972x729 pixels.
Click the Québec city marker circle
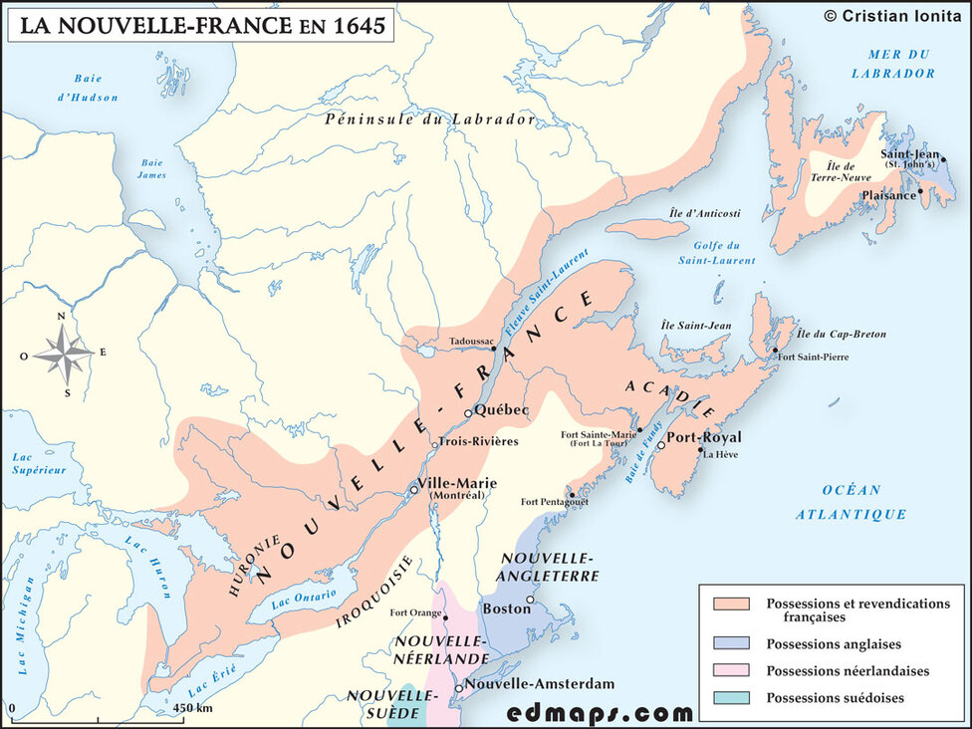pos(468,412)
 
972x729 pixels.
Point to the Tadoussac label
pos(471,340)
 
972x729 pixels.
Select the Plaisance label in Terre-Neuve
pos(887,195)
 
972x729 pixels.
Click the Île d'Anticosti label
pos(705,213)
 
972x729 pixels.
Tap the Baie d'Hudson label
pos(96,88)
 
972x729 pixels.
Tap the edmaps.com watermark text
pos(600,712)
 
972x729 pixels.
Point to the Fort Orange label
pos(416,612)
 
